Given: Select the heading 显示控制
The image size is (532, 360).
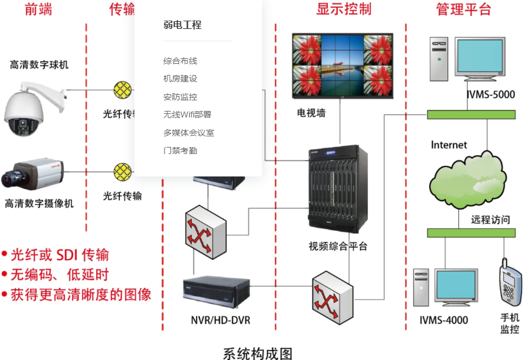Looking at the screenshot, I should [x=344, y=9].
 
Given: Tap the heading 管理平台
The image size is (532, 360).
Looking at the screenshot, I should [x=464, y=9].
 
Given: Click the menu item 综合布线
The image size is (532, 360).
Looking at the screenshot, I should [x=180, y=61].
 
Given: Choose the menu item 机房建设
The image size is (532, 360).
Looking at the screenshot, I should [x=180, y=78].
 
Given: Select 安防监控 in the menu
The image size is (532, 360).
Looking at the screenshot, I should [x=180, y=97].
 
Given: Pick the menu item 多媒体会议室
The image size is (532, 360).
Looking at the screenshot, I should [x=188, y=133].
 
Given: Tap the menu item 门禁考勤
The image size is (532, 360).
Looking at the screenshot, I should [x=180, y=150].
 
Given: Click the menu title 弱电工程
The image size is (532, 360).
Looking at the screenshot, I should [x=182, y=25].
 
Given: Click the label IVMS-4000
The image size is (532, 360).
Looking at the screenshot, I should [x=444, y=320].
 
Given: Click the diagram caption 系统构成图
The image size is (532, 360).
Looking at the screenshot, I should [x=257, y=353].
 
